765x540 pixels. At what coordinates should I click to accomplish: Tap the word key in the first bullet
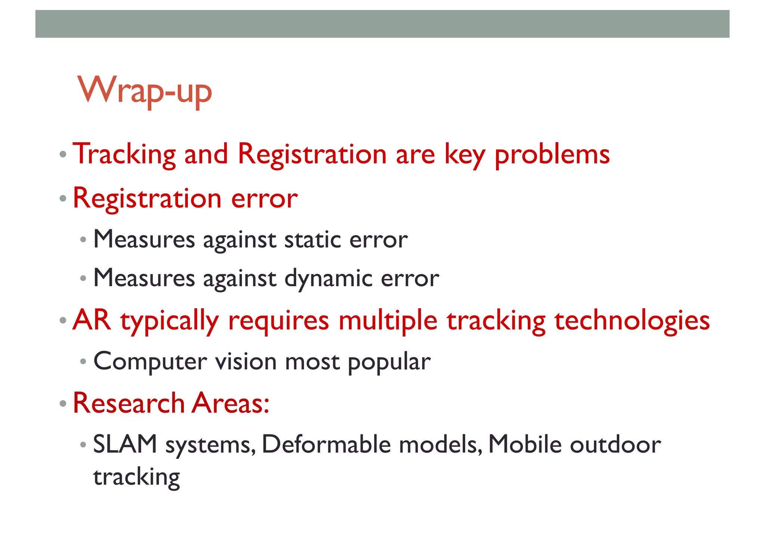[x=464, y=154]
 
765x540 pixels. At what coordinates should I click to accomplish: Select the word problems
[x=552, y=154]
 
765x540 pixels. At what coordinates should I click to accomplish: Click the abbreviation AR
[x=92, y=320]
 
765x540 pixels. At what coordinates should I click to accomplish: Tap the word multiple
[x=388, y=320]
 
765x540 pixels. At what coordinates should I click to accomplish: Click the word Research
[x=128, y=403]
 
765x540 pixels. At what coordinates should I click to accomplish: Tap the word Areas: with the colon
[x=230, y=403]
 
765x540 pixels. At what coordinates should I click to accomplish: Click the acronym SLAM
[x=125, y=444]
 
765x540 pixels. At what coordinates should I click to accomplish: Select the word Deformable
[x=326, y=444]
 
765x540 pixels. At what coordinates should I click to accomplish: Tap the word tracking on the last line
[x=136, y=477]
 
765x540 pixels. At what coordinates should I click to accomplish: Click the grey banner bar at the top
[x=382, y=24]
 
